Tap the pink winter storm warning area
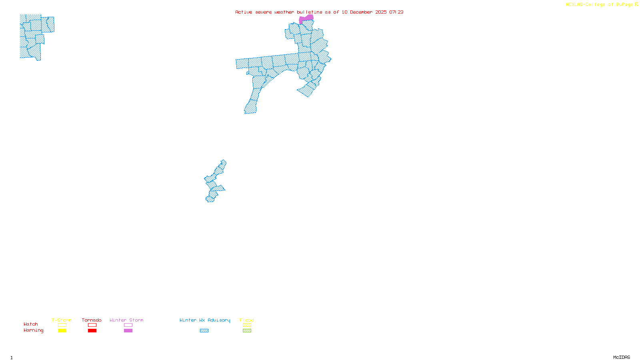click(306, 18)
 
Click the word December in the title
click(361, 12)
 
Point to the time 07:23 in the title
click(396, 12)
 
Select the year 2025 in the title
click(381, 12)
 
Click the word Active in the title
click(244, 12)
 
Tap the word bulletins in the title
click(310, 12)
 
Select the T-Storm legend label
click(62, 320)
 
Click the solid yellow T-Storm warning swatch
click(62, 331)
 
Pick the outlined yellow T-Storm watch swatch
click(62, 325)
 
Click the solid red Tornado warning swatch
click(92, 331)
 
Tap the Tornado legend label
click(92, 320)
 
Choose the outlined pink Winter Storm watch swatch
click(128, 325)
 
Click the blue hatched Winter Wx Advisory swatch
click(204, 331)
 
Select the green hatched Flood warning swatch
click(247, 331)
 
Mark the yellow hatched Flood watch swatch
click(247, 325)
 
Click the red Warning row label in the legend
click(33, 330)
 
